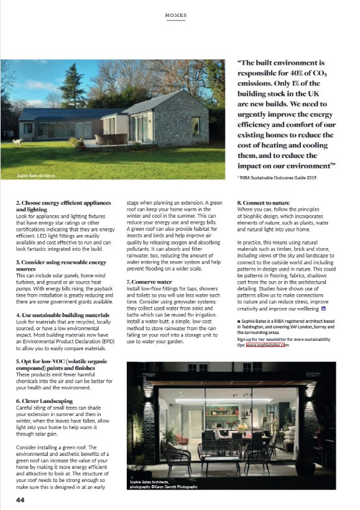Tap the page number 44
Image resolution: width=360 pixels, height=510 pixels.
(x=21, y=499)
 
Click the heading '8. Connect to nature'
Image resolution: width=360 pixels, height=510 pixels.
(x=264, y=203)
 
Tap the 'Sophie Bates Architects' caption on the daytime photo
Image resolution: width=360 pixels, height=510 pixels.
(x=35, y=176)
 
